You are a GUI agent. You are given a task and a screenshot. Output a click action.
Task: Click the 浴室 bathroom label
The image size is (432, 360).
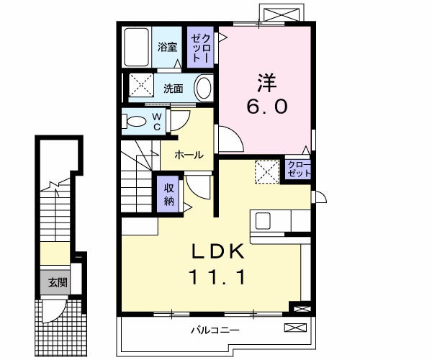[168, 48]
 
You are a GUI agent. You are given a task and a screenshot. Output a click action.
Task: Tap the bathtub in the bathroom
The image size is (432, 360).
[136, 48]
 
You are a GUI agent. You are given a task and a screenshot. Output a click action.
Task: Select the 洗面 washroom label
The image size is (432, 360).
[173, 89]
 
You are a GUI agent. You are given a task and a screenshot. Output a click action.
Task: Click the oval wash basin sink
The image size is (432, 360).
[204, 89]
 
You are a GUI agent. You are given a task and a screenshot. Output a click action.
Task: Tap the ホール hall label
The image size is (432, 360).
[189, 154]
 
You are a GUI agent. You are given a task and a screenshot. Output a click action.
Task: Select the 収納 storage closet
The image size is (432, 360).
[168, 193]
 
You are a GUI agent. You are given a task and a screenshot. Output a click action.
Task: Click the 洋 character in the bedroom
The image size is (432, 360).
[267, 80]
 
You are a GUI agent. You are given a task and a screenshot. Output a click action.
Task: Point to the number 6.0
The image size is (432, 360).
[267, 107]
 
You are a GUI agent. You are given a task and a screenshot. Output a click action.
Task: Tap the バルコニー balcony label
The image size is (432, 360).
[215, 330]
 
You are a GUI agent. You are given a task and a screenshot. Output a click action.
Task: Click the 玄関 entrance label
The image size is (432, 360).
[58, 283]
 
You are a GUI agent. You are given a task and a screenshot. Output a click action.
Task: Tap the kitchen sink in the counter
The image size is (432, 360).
[261, 220]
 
